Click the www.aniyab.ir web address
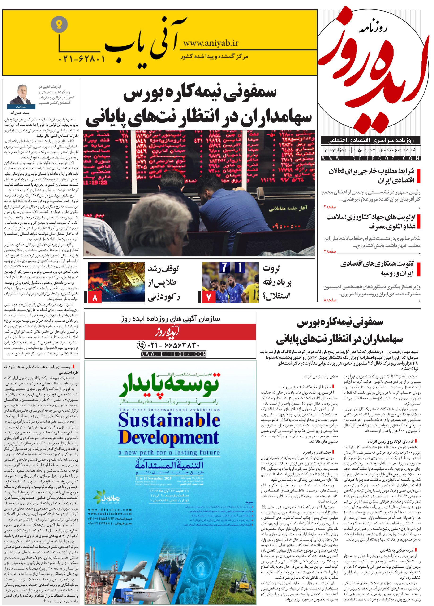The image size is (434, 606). click(x=211, y=43)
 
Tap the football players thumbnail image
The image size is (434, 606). click(x=230, y=282)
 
